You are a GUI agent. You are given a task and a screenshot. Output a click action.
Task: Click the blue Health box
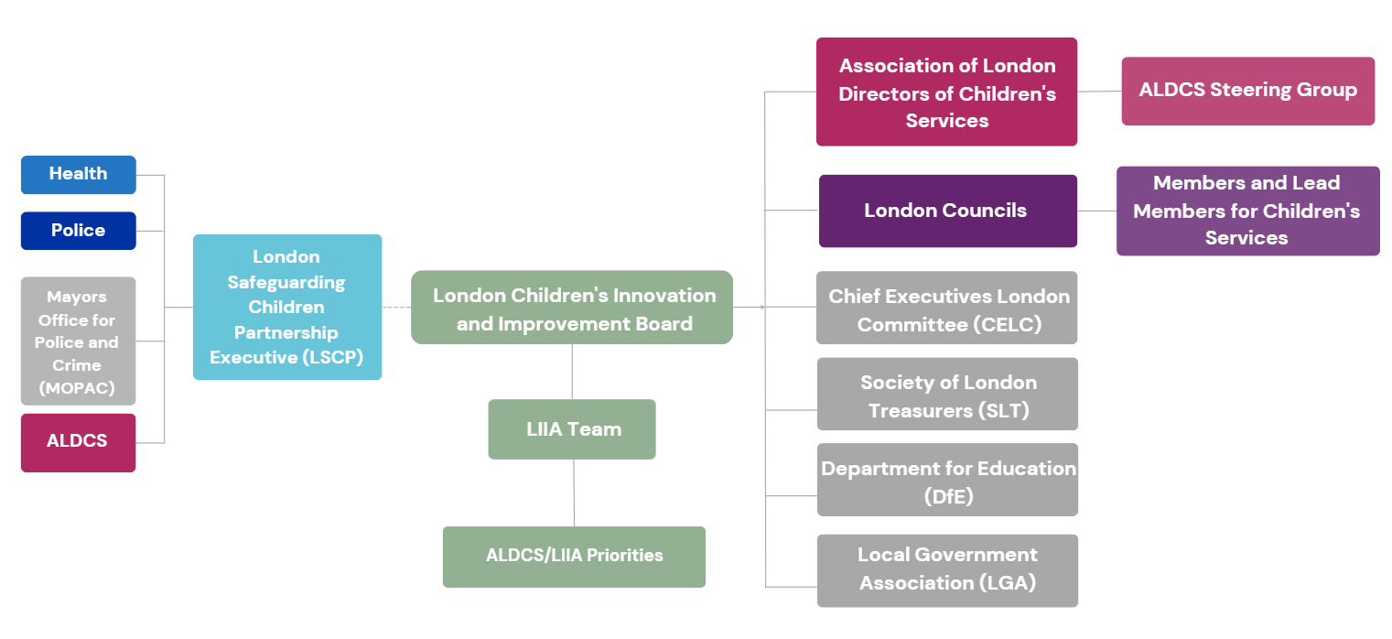point(78,175)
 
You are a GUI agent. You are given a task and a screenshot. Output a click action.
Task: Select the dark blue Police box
point(78,231)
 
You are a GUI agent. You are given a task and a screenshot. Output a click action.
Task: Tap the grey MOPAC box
point(78,341)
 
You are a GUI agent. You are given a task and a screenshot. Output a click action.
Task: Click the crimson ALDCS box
point(78,442)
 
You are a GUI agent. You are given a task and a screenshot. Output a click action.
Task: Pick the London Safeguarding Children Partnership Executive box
point(286,307)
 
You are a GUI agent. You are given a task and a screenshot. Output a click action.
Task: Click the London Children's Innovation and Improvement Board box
point(572,308)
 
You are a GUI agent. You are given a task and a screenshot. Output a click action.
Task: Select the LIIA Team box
point(572,429)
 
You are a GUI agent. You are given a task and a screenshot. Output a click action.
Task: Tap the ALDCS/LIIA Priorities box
point(574,557)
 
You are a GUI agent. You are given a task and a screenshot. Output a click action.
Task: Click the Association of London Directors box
point(946,92)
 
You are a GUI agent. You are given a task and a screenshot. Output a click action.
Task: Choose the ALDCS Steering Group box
point(1247,91)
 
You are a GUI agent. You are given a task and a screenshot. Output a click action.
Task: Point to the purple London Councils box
point(947,211)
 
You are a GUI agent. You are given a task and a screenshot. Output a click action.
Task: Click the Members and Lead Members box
point(1247,211)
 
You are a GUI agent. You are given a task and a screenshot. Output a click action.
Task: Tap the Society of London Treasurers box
point(947,395)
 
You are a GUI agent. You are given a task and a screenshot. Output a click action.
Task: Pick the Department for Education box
point(947,481)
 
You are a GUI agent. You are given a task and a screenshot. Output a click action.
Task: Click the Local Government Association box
point(947,570)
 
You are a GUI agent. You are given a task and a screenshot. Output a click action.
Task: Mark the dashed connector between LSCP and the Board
point(396,308)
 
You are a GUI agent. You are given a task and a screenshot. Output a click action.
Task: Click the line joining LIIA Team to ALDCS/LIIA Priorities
point(574,493)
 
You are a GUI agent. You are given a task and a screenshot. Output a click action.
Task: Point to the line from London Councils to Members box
point(1096,211)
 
